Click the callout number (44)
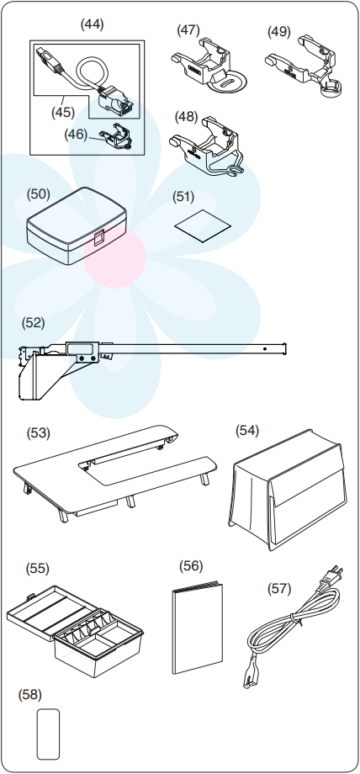pyautogui.click(x=92, y=24)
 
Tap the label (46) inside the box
pyautogui.click(x=76, y=135)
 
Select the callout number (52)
pyautogui.click(x=33, y=323)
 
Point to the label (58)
pyautogui.click(x=29, y=695)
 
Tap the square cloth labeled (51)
pyautogui.click(x=203, y=225)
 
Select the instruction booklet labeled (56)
pyautogui.click(x=198, y=628)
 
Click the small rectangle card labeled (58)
pyautogui.click(x=49, y=734)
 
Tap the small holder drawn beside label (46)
pyautogui.click(x=117, y=135)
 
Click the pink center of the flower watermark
pyautogui.click(x=114, y=257)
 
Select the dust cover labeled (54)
pyautogui.click(x=288, y=489)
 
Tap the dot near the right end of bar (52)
pyautogui.click(x=265, y=349)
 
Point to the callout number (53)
pyautogui.click(x=38, y=433)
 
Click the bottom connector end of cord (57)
pyautogui.click(x=247, y=682)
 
